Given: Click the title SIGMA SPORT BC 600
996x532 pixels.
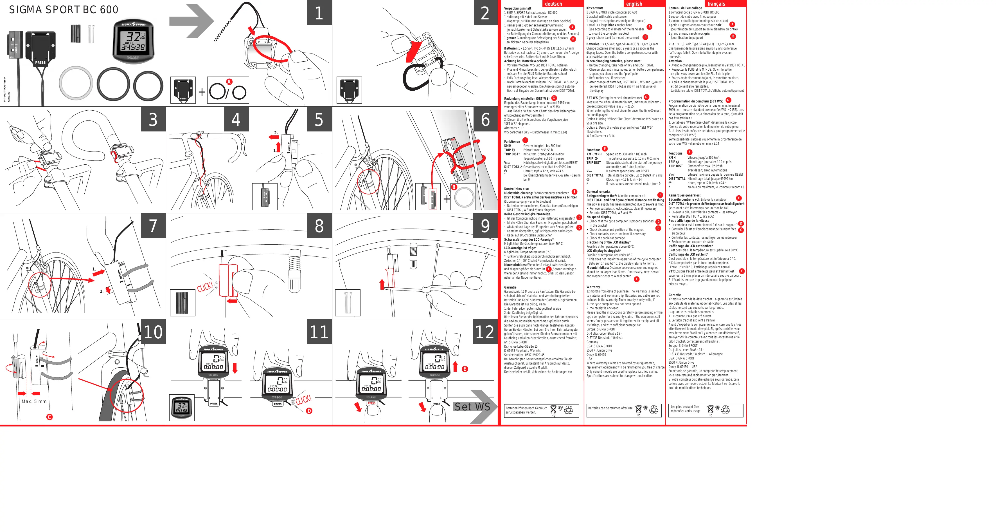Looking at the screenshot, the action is coord(64,10).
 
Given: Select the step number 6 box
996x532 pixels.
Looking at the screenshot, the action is coord(485,120).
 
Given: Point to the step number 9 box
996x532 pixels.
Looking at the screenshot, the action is coord(485,225).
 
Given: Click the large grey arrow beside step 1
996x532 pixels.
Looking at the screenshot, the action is coord(192,21).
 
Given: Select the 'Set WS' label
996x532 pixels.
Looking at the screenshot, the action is coord(472,407).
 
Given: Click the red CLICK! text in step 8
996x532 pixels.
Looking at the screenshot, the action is coord(205,287).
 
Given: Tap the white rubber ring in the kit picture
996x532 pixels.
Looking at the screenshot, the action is coord(76,83).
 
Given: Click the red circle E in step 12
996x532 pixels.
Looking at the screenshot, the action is coord(465,369).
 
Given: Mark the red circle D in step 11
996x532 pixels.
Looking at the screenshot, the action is coord(309,411).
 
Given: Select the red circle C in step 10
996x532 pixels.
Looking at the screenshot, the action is coord(49,417).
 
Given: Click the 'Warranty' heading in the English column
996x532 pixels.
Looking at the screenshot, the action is coord(593,287).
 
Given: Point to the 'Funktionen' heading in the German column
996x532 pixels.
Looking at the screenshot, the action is coord(512,142).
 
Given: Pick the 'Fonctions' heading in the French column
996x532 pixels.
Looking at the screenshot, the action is coord(675,153).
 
